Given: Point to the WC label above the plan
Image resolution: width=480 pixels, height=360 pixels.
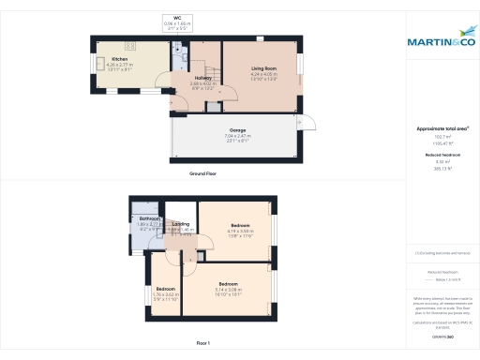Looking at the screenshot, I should tap(176, 17).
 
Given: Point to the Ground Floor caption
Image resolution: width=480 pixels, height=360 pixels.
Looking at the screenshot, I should tap(202, 174).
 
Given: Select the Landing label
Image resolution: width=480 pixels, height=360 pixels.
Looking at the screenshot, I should tap(182, 223).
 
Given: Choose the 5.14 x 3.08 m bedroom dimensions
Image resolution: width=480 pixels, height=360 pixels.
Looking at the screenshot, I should tap(229, 289).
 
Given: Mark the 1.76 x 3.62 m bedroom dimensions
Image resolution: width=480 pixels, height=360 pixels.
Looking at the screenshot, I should tap(165, 293).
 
